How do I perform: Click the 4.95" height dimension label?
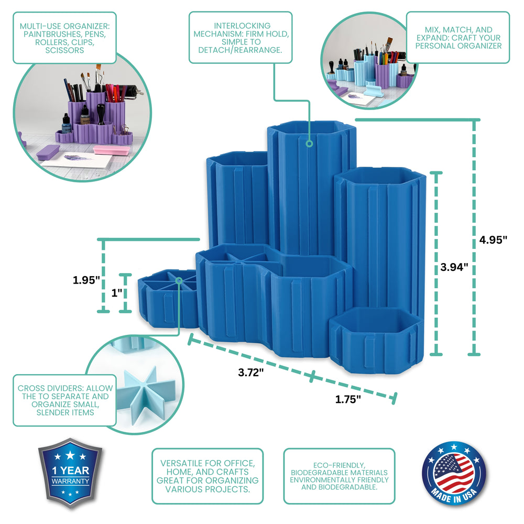click(493, 239)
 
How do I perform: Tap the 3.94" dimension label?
click(454, 267)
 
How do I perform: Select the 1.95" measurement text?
click(86, 280)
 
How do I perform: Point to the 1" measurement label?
click(117, 293)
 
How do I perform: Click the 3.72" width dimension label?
click(250, 372)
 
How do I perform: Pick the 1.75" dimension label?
click(348, 399)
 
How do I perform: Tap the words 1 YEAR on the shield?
click(71, 471)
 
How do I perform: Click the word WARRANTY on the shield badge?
click(70, 481)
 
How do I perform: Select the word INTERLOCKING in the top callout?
click(242, 26)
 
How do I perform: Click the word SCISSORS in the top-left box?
click(64, 50)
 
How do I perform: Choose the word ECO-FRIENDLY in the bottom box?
click(339, 465)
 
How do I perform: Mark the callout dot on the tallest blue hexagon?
click(310, 144)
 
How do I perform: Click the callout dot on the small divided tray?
click(179, 280)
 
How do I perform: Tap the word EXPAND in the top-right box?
click(431, 38)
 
